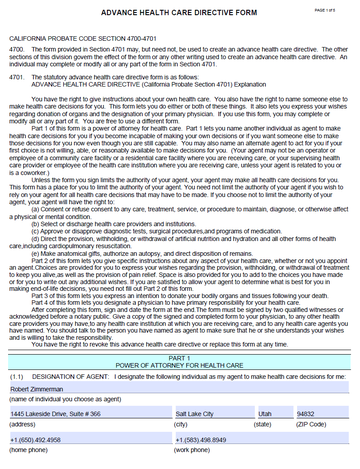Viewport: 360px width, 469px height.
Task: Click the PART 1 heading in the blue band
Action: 180,357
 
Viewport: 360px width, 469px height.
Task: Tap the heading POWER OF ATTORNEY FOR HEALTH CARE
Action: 180,366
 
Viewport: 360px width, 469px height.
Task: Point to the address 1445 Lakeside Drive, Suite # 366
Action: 56,413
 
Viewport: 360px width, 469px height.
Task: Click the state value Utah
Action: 265,413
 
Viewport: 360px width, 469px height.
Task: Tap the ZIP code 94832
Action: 306,413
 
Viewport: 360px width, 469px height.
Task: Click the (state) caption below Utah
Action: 263,423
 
